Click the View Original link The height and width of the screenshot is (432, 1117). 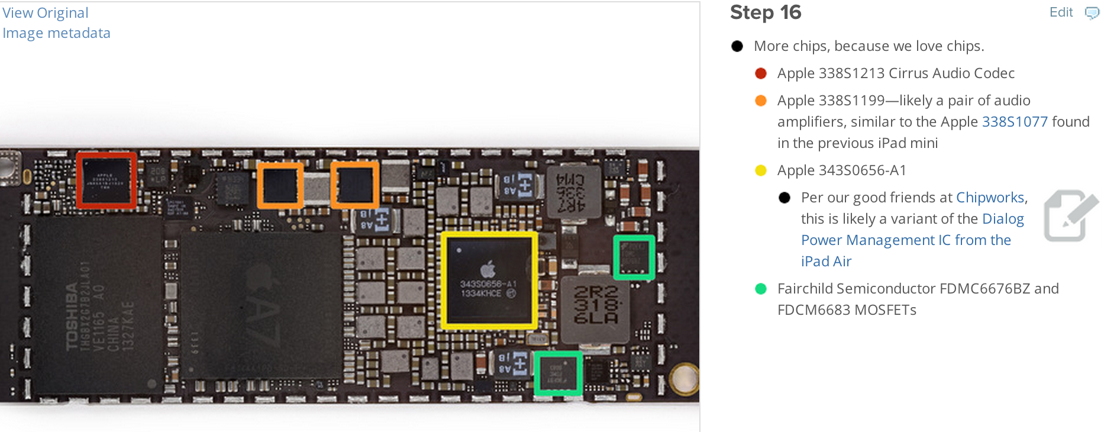pos(46,13)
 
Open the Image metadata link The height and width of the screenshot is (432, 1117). pos(56,33)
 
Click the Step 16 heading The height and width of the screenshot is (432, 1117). pos(766,12)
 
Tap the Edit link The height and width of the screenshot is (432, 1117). pos(1061,12)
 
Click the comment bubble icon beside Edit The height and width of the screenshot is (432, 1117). pos(1092,13)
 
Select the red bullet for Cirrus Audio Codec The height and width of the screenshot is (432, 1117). pos(761,73)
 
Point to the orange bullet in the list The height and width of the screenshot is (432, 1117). pos(761,101)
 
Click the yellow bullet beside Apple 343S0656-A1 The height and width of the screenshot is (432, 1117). pos(761,170)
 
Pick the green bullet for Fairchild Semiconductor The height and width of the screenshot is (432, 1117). pos(761,289)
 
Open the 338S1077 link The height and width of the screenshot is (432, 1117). pos(1015,122)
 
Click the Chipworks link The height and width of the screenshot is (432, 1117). pos(990,198)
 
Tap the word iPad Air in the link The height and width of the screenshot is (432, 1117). pos(826,262)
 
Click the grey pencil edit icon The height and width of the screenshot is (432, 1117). pos(1070,215)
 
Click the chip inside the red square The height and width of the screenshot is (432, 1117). pos(106,180)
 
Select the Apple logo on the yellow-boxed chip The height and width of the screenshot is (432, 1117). pos(488,270)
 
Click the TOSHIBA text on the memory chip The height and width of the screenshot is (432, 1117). pos(72,317)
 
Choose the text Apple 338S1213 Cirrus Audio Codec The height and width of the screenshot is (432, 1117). pos(896,73)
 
